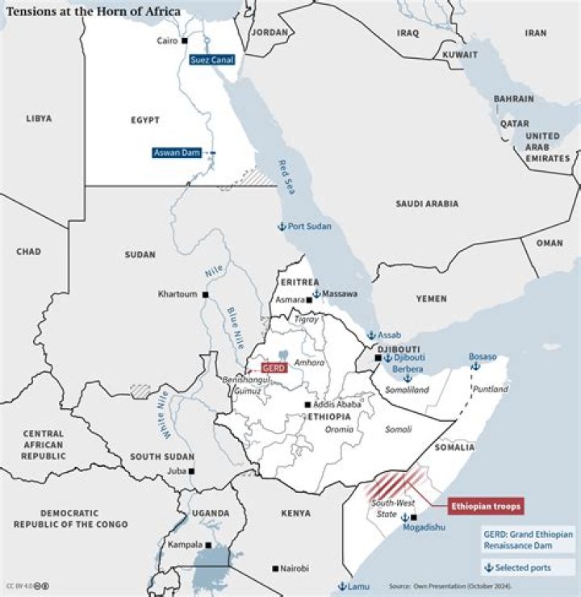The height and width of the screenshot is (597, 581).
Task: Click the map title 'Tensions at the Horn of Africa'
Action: pos(94,11)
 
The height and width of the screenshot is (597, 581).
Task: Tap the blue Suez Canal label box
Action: pos(212,60)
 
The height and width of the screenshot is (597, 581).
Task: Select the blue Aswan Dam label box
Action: pos(177,152)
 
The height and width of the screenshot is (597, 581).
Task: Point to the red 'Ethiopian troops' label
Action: pos(485,506)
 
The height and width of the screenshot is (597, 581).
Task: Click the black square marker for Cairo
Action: pos(185,40)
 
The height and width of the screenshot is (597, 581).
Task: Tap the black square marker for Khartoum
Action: pos(206,294)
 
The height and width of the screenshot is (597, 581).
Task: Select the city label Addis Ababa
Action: pos(337,404)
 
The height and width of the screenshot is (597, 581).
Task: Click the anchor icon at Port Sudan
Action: pos(282,227)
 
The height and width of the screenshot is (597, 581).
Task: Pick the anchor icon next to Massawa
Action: pos(316,294)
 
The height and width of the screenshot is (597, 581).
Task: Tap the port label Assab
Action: pos(390,335)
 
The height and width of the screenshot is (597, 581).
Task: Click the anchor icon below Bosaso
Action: pos(475,366)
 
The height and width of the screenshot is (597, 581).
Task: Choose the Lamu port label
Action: pos(357,587)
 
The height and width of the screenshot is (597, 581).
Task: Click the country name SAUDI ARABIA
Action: pos(427,204)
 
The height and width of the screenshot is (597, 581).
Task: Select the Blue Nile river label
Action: pos(234,325)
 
